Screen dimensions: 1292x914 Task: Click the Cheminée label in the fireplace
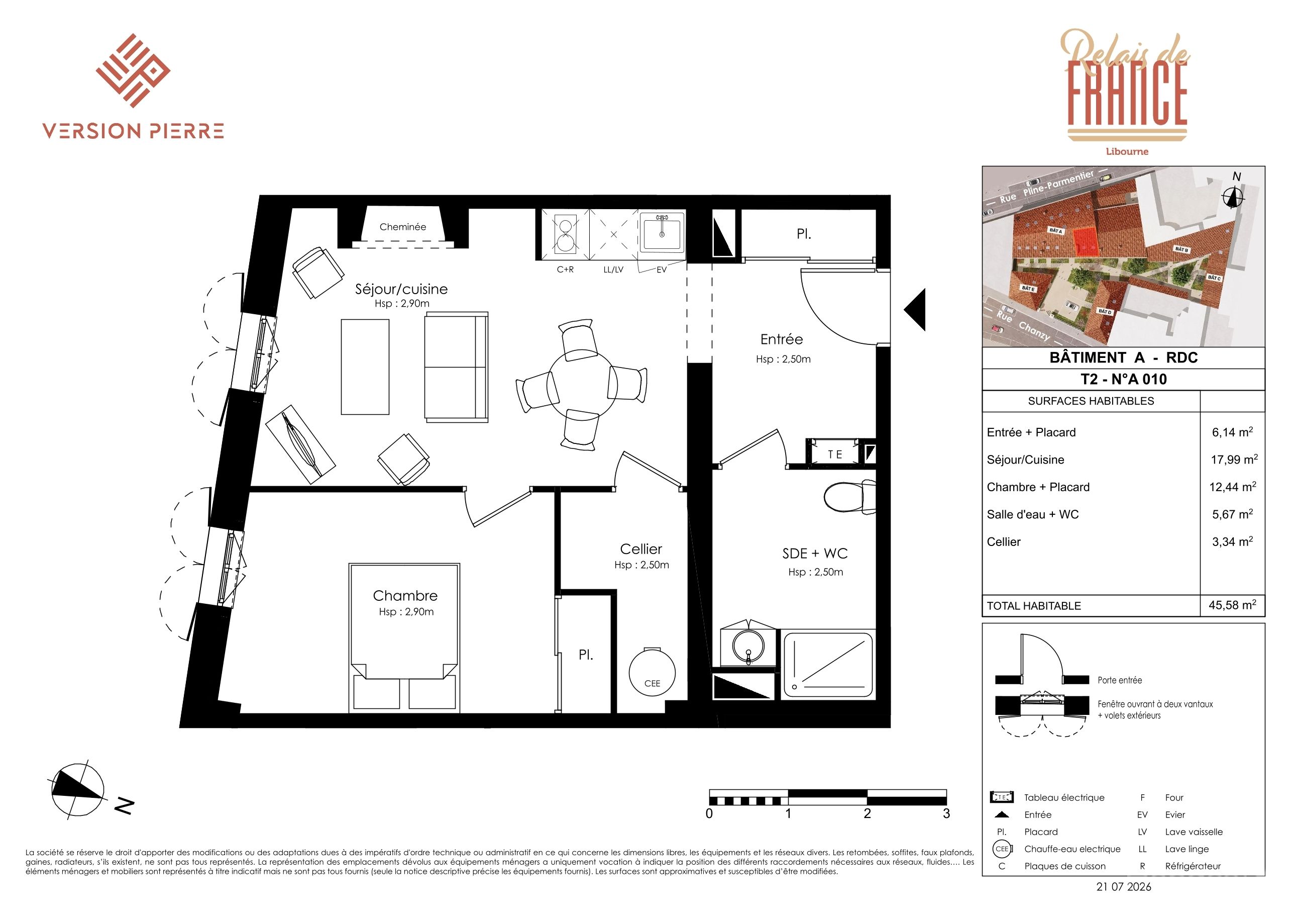point(402,227)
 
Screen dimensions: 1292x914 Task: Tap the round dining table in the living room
point(582,385)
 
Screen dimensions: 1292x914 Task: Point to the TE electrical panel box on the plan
point(835,453)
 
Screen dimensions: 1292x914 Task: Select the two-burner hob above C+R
point(565,234)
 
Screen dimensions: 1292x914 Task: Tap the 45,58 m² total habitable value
point(1232,605)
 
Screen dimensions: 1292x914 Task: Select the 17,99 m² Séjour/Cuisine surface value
point(1234,459)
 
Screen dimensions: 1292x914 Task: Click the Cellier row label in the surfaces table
point(1003,542)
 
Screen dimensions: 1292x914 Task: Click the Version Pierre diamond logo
point(133,70)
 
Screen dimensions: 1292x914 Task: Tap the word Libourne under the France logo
point(1127,151)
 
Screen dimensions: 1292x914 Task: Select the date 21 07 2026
point(1124,886)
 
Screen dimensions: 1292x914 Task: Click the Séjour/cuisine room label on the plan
point(401,289)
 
